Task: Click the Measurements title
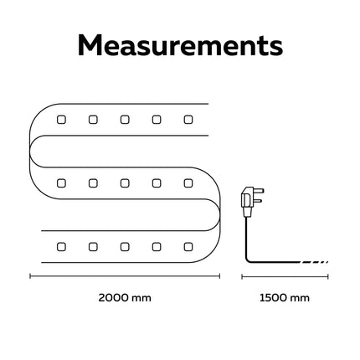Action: coord(180,45)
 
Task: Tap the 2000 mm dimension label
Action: coord(125,298)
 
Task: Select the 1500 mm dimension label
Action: coord(285,298)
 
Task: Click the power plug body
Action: coord(248,202)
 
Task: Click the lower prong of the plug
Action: coord(259,201)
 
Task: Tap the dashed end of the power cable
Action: coord(314,262)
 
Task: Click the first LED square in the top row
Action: coord(61,120)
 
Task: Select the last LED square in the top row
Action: coord(188,120)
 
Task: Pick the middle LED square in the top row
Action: coord(125,120)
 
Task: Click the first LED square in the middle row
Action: coord(61,183)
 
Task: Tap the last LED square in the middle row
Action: coord(188,183)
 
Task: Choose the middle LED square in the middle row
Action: coord(125,183)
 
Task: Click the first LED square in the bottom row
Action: coord(61,247)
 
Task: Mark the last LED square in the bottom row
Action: coord(188,247)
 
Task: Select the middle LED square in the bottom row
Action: coord(125,247)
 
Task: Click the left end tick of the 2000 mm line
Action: coord(30,276)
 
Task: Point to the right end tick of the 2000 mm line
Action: coord(220,276)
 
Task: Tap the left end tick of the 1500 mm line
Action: coord(242,276)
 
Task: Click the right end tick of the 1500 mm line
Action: coord(328,276)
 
